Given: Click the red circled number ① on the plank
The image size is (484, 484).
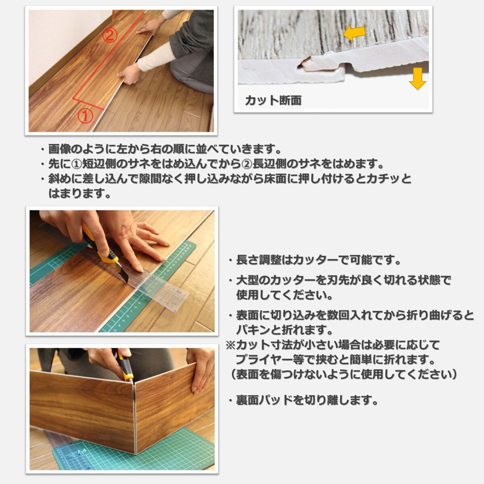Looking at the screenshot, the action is click(x=86, y=116).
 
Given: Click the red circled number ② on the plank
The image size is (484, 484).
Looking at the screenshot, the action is click(x=110, y=35).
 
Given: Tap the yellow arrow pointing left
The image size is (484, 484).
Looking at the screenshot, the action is click(x=354, y=33).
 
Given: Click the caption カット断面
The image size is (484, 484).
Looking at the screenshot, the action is click(x=273, y=100).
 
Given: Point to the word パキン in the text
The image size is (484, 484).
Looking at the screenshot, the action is click(x=253, y=330).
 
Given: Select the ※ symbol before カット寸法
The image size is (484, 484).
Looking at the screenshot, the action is click(x=231, y=345).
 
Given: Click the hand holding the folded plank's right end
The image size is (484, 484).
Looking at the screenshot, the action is click(x=200, y=369).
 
